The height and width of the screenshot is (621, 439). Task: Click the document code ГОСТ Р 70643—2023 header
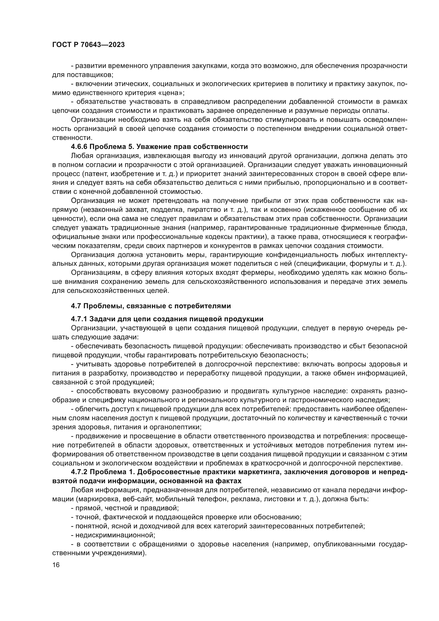coord(88,45)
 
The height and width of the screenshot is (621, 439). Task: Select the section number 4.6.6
coord(79,147)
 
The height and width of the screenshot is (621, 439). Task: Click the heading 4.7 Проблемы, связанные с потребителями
coord(151,306)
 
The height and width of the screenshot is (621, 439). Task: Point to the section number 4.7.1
coord(79,319)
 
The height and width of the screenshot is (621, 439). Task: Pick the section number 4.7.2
coord(79,472)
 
